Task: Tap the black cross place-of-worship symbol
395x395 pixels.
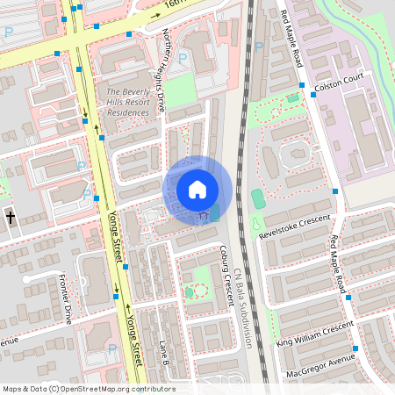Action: [x=10, y=217]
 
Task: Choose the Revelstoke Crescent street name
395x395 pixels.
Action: [x=295, y=226]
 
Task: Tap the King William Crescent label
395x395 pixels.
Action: [x=314, y=334]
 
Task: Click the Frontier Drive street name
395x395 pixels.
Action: [x=66, y=298]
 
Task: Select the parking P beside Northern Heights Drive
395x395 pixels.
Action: [x=183, y=59]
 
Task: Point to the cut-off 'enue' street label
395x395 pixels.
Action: [x=9, y=341]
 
